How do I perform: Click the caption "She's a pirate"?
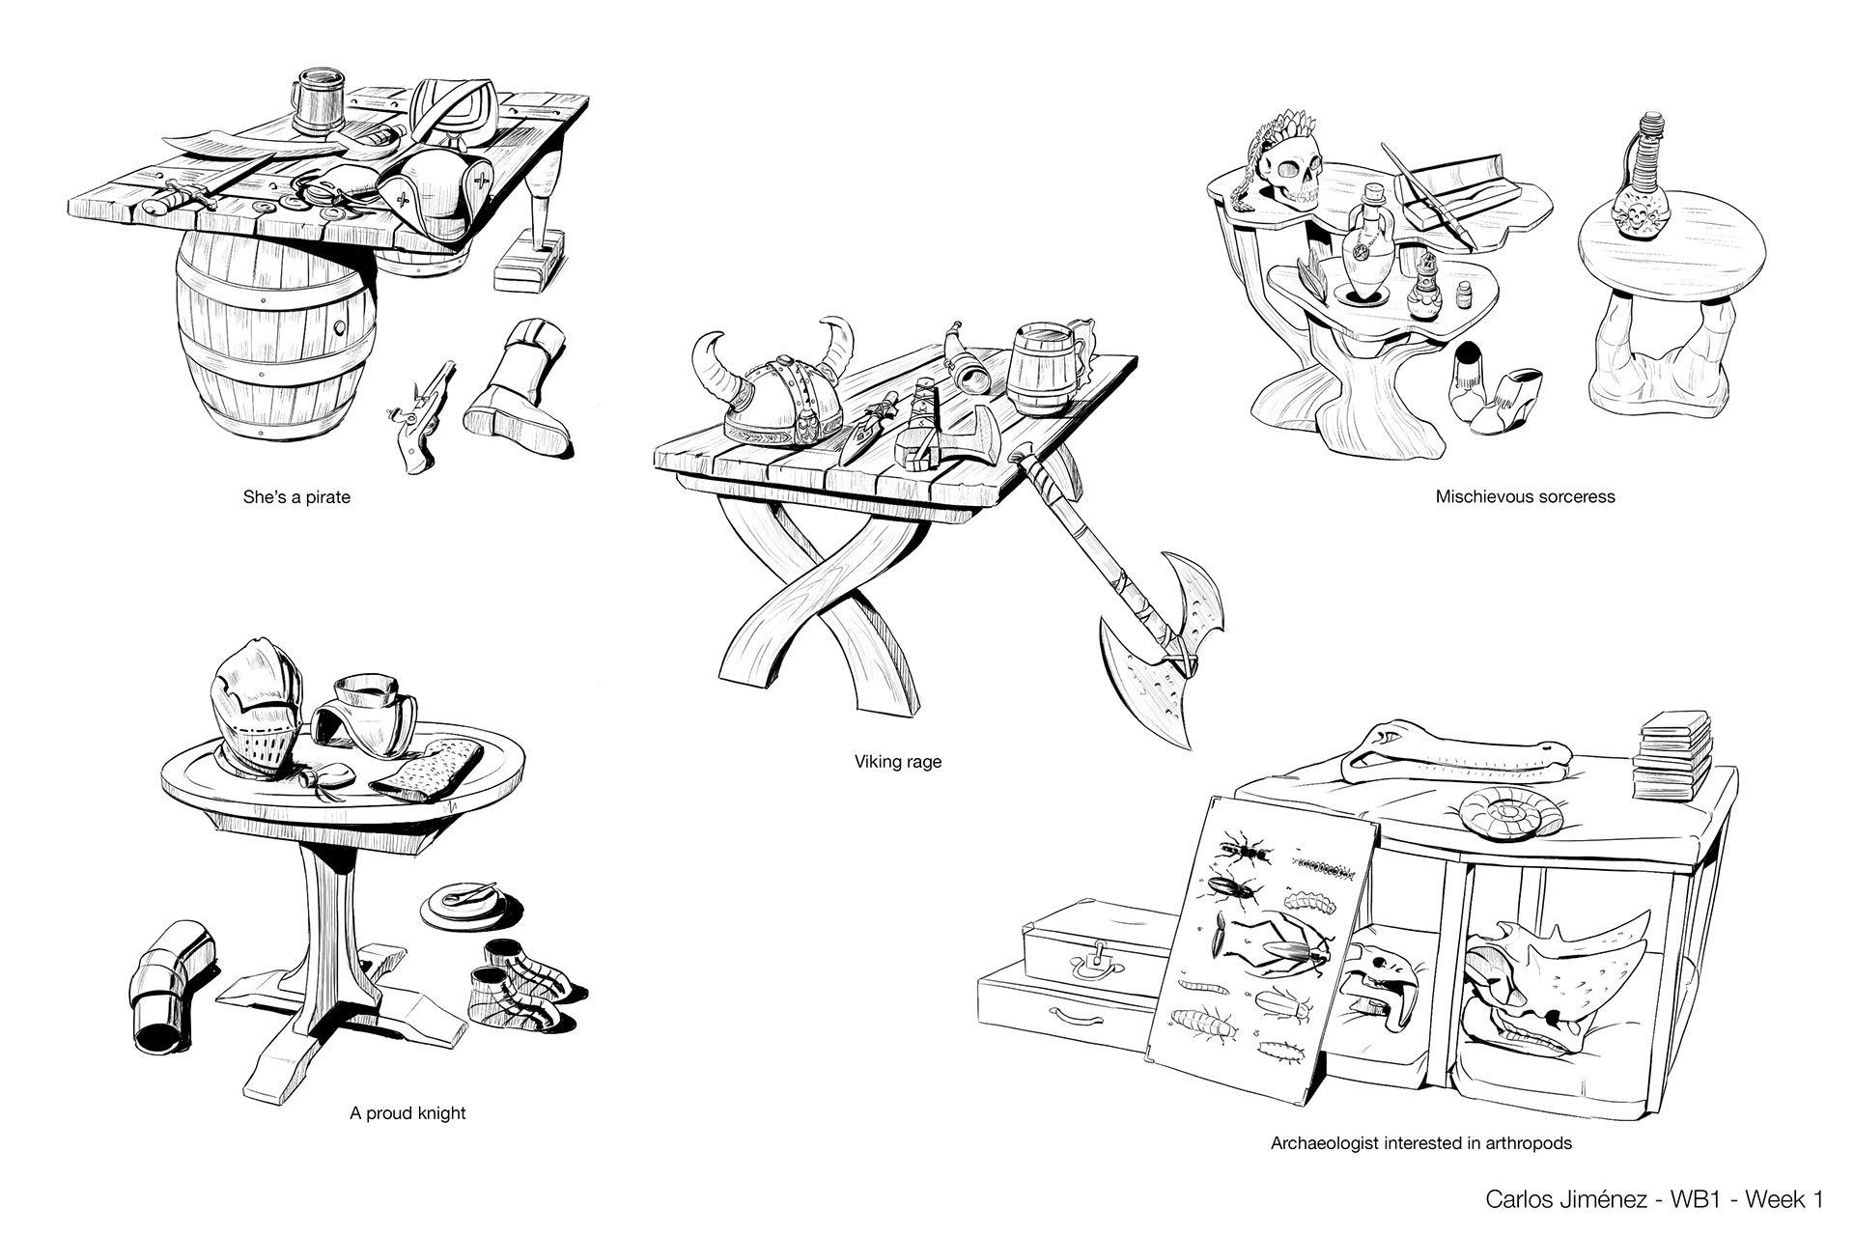click(x=295, y=498)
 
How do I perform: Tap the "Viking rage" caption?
click(x=897, y=762)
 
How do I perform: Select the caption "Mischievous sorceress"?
click(x=1525, y=497)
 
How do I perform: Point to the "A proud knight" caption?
click(x=407, y=1112)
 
